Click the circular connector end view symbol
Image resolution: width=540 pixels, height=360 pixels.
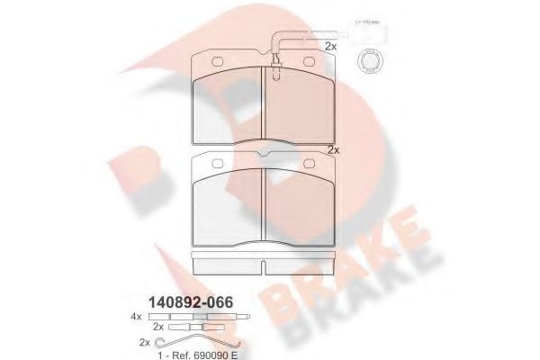pos(367,61)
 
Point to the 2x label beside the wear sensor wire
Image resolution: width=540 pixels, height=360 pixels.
pos(330,45)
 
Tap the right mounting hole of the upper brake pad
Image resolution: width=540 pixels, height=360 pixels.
pos(308,61)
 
